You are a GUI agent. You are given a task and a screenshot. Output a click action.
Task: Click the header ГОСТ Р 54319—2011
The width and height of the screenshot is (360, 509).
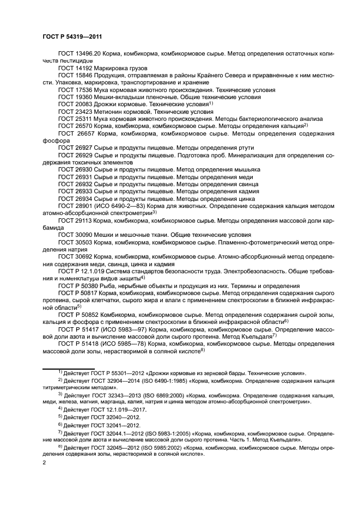pyautogui.click(x=72, y=36)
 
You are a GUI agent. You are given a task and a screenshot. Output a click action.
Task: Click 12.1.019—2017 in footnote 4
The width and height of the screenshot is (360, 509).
pyautogui.click(x=133, y=407)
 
